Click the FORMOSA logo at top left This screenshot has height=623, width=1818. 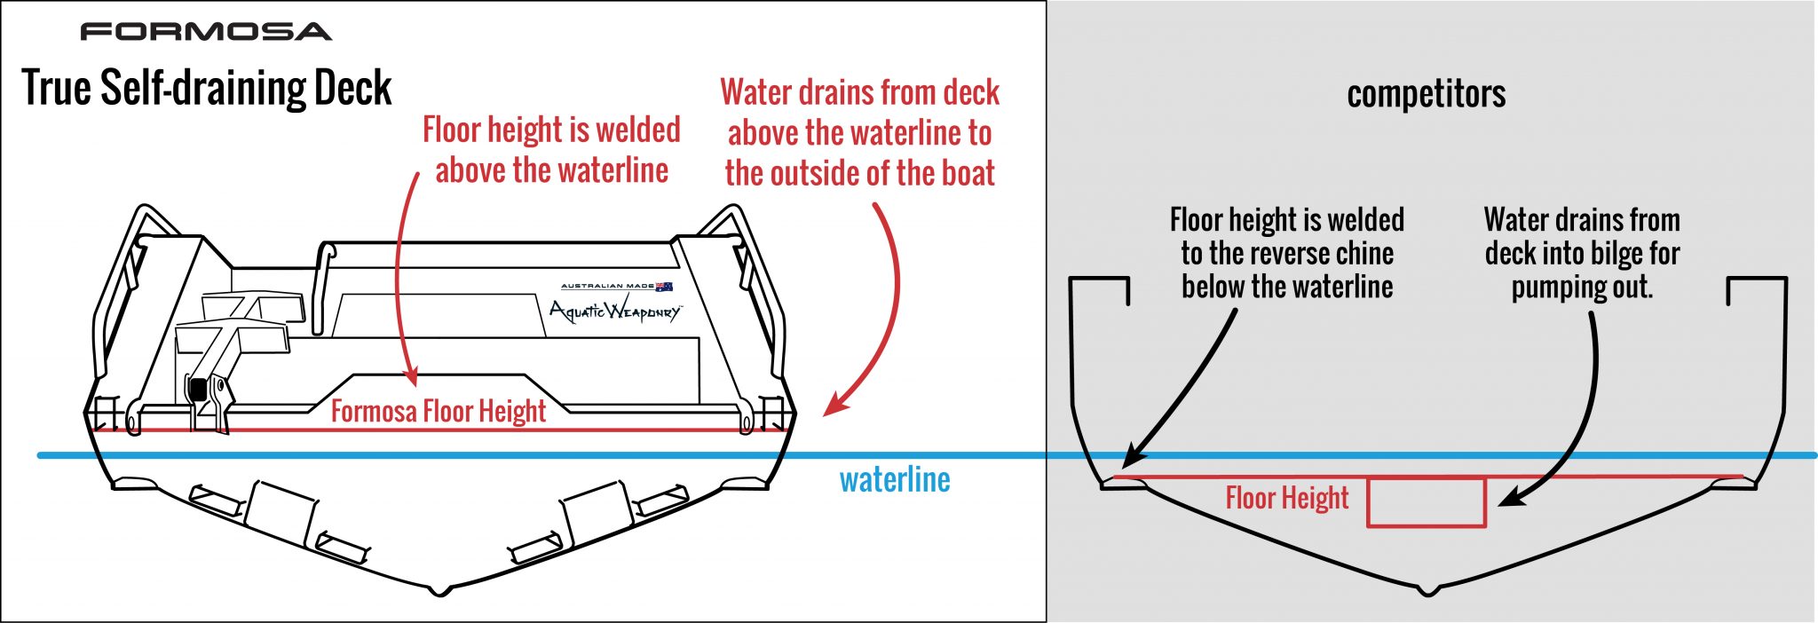pyautogui.click(x=206, y=32)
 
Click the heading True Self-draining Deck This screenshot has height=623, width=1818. pyautogui.click(x=206, y=88)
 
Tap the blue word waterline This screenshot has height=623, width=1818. pyautogui.click(x=895, y=480)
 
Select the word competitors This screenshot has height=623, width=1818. pyautogui.click(x=1426, y=93)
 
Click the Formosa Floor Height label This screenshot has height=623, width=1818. pyautogui.click(x=438, y=411)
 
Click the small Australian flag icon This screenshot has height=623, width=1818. pyautogui.click(x=664, y=286)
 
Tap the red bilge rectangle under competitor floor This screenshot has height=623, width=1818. pyautogui.click(x=1426, y=503)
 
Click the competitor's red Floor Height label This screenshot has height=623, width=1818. pyautogui.click(x=1286, y=498)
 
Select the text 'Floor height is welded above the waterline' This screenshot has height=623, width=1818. pyautogui.click(x=551, y=149)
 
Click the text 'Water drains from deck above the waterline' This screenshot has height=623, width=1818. pyautogui.click(x=859, y=132)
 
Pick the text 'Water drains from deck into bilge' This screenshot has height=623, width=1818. pyautogui.click(x=1582, y=253)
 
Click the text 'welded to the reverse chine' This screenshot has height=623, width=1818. pyautogui.click(x=1286, y=253)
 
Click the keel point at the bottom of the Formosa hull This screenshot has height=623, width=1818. pyautogui.click(x=441, y=591)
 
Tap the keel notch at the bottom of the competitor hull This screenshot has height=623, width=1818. pyautogui.click(x=1427, y=591)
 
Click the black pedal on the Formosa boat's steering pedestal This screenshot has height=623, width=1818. pyautogui.click(x=197, y=389)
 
